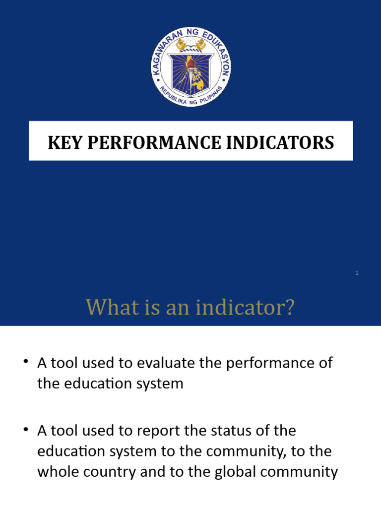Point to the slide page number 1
click(357, 273)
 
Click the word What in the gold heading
click(106, 308)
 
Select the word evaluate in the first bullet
click(163, 363)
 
